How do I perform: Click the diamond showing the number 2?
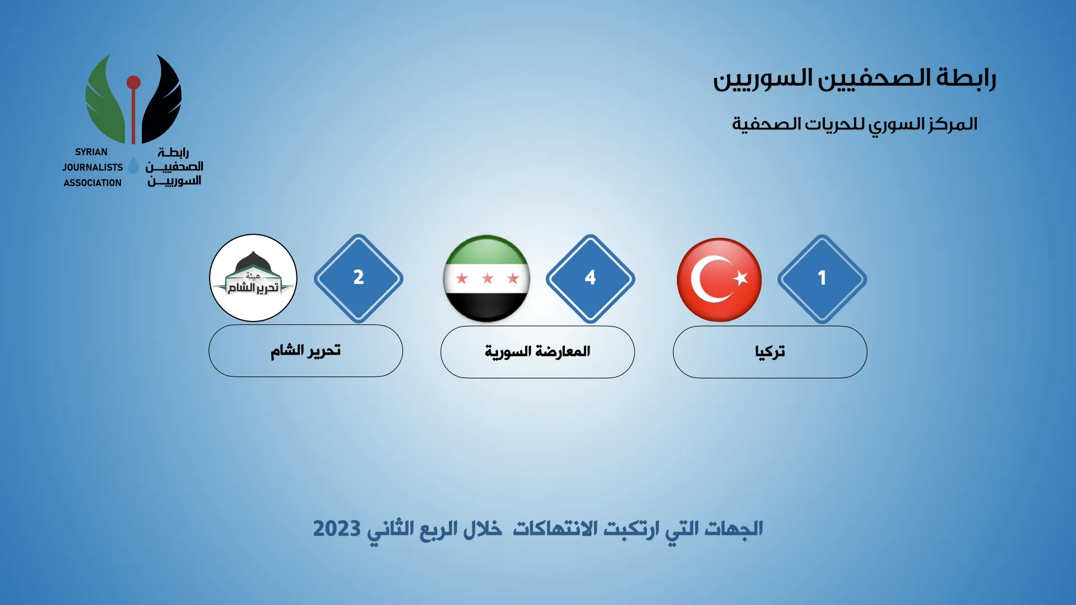(x=359, y=278)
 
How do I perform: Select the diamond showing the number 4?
(x=590, y=278)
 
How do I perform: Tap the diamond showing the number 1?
(x=822, y=278)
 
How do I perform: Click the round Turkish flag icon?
(x=720, y=280)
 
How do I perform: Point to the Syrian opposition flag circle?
(x=486, y=278)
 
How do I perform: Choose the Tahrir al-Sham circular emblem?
(x=253, y=278)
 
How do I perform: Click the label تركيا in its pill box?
(x=770, y=352)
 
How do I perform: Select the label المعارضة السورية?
(x=537, y=352)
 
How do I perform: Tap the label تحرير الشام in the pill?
(x=305, y=351)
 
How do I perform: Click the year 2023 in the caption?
(x=337, y=528)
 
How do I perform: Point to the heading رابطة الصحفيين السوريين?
(x=855, y=78)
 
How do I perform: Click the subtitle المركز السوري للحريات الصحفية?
(x=855, y=124)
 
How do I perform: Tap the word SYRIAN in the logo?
(x=91, y=152)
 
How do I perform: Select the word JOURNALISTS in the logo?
(x=92, y=167)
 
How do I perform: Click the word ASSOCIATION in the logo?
(x=92, y=183)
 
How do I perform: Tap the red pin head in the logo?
(x=133, y=83)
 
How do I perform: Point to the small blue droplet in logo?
(x=133, y=165)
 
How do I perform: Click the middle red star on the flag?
(x=488, y=278)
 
